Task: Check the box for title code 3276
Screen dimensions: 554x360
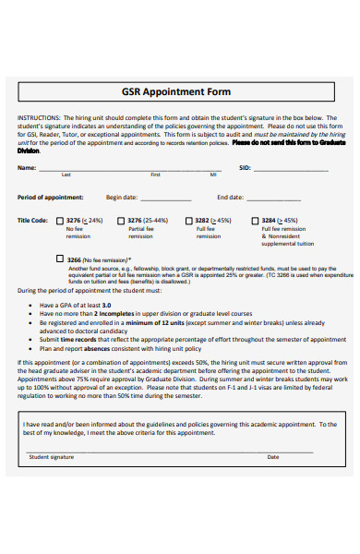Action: (61, 222)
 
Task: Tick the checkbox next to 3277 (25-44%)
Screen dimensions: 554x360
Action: (124, 222)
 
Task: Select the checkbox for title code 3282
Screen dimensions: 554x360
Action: (189, 222)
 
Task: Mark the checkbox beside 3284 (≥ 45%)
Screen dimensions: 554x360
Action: (256, 222)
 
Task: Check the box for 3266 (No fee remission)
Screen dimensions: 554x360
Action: (61, 260)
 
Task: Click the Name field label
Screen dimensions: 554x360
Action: (27, 168)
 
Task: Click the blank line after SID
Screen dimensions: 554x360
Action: (295, 169)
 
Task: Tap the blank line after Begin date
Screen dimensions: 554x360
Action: (166, 198)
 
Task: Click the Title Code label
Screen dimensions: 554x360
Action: (32, 222)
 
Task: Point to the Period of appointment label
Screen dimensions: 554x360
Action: (50, 197)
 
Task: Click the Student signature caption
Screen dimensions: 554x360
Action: (52, 457)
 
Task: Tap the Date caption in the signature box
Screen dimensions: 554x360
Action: (273, 457)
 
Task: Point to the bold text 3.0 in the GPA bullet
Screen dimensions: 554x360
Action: (106, 305)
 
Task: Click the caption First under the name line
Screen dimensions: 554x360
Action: (155, 175)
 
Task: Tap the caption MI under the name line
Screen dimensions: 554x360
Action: (213, 175)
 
